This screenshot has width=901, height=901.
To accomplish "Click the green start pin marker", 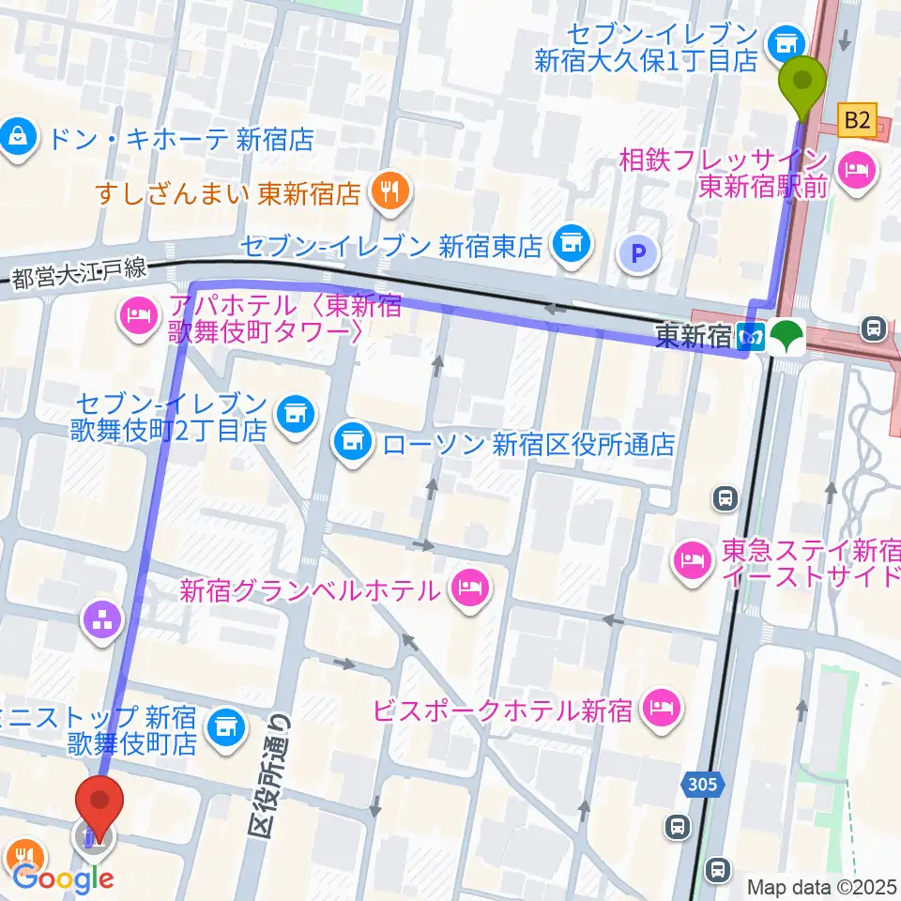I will (803, 79).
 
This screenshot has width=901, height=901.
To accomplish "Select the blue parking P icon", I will (638, 252).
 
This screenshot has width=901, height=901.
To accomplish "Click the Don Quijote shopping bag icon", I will (18, 140).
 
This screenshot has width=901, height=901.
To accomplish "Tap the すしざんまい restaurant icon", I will (387, 192).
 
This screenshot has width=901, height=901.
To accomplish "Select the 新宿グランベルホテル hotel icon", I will (466, 589).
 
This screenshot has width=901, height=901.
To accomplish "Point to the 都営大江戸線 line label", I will (80, 274).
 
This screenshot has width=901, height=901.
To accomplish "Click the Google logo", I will (64, 879).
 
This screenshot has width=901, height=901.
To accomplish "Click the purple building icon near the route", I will (102, 617).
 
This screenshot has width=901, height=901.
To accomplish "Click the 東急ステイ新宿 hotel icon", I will (692, 561).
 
